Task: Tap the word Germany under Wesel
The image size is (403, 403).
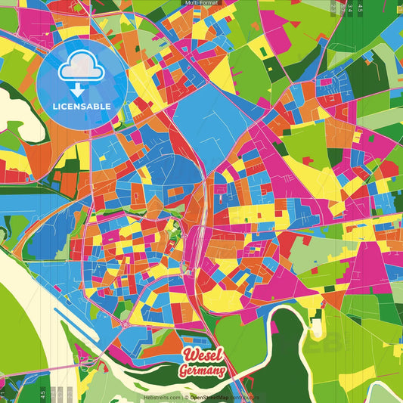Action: click(x=202, y=371)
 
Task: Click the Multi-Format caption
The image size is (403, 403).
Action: click(x=201, y=3)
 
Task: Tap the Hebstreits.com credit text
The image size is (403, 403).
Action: click(x=160, y=397)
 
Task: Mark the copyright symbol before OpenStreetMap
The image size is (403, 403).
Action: click(x=186, y=397)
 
